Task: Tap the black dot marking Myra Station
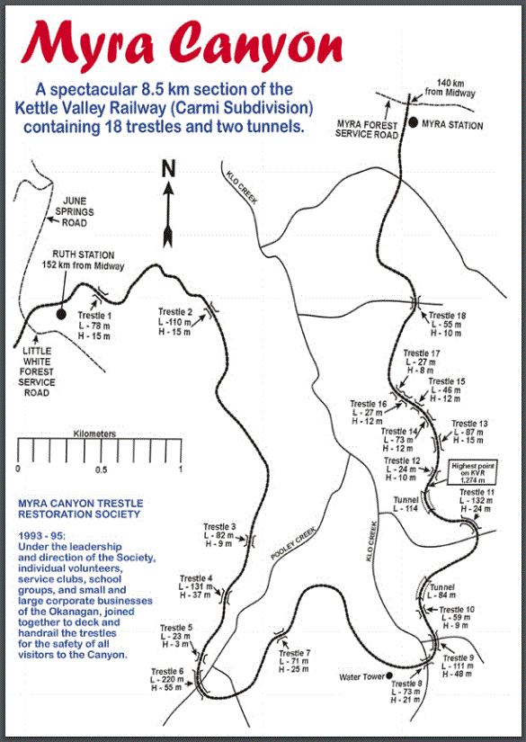coord(413,123)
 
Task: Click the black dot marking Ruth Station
coord(61,314)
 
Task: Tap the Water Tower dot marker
coord(390,676)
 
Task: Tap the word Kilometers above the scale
coord(95,434)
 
